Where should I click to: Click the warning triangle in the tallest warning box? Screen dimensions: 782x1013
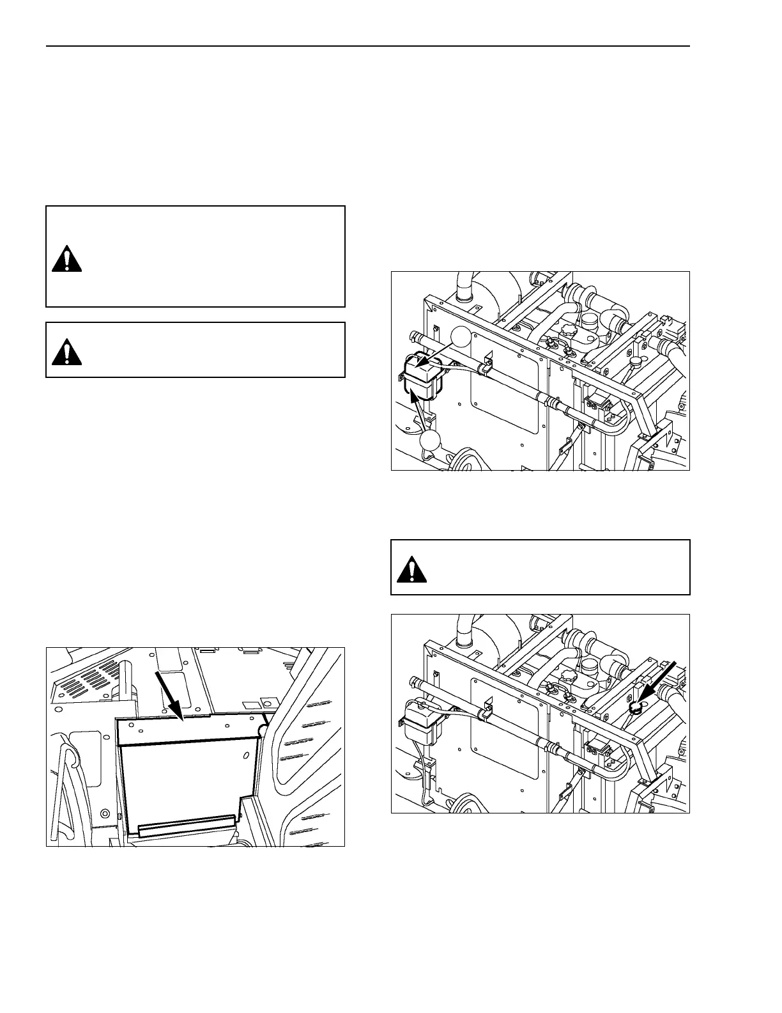click(66, 258)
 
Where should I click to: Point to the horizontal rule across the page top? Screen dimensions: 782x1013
click(368, 46)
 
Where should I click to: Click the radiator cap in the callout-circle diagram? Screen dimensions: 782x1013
click(636, 363)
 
